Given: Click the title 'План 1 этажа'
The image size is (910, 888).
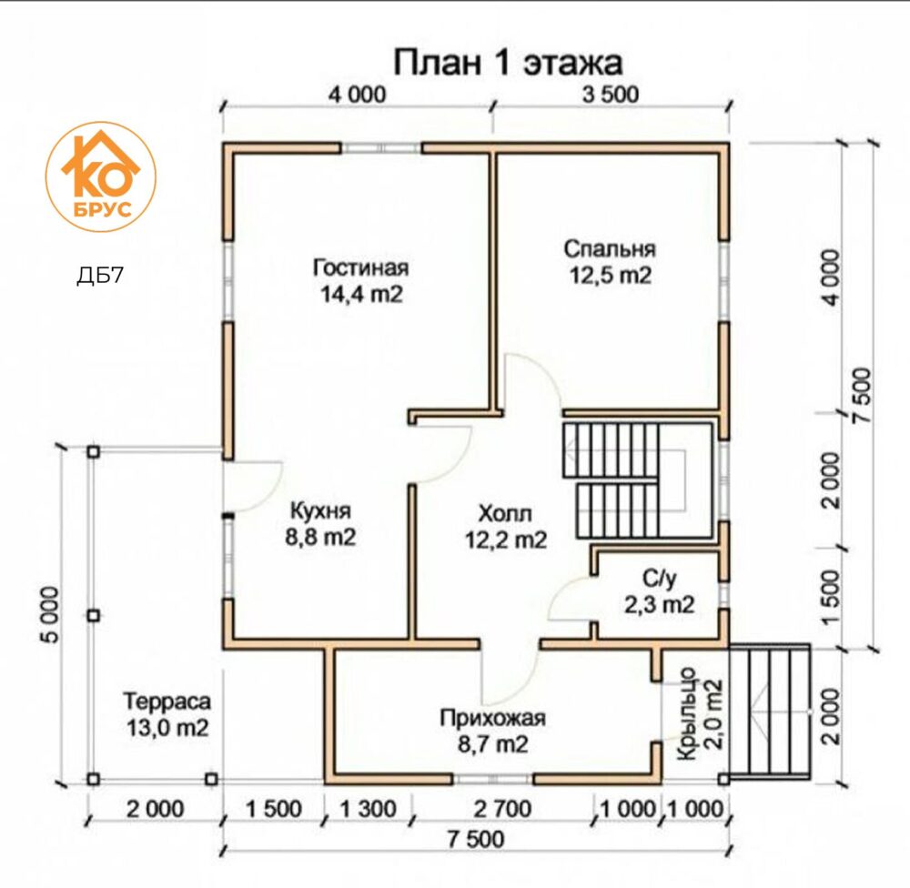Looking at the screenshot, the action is coord(509,63).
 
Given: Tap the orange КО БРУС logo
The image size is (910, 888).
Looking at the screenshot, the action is coord(101,177).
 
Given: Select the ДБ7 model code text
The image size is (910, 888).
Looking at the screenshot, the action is coord(100,275).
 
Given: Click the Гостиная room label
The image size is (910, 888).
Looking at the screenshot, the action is coord(361,267).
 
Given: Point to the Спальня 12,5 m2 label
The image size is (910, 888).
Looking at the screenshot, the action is coord(610,262).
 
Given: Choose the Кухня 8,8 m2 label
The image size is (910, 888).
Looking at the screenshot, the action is coord(320,524).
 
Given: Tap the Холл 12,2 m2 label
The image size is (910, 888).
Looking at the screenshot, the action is coord(505,527).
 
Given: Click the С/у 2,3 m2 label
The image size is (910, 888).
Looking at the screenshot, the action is coord(659,591).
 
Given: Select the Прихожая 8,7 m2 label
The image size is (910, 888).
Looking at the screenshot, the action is coord(492,731).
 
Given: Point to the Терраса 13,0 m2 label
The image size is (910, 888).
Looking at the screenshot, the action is coord(167,714).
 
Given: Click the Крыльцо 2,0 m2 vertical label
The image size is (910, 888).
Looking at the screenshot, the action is coord(701,714).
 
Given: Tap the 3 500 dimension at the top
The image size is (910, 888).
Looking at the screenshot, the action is coord(611,95).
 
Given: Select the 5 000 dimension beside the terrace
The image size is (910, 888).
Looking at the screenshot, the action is coord(51,615).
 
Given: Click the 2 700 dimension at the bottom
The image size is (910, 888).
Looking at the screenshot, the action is coord(502,809).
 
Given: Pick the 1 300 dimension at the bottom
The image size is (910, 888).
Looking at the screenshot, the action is coord(368,809).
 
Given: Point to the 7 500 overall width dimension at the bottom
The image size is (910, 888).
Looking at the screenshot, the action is coord(475,839).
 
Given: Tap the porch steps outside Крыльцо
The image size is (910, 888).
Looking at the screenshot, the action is coord(770,711).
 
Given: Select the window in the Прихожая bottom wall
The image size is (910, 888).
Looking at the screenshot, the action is coord(492,779).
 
